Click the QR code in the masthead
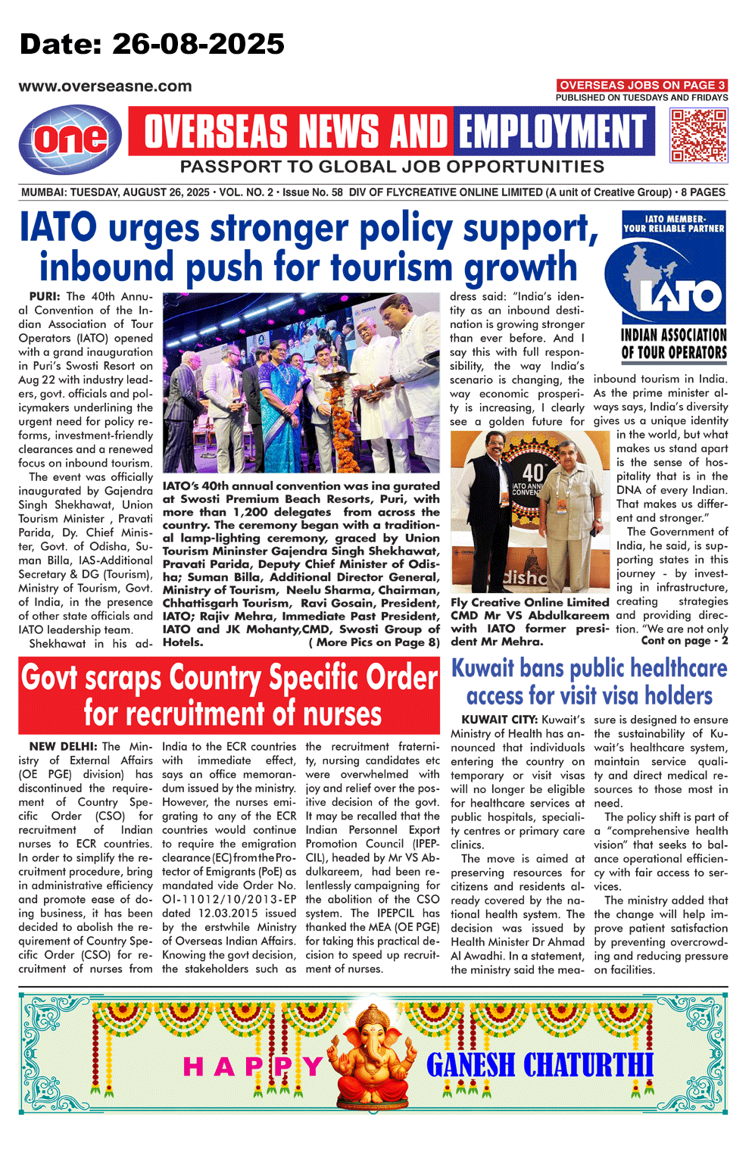[699, 135]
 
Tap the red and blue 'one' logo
[70, 139]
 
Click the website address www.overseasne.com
[105, 86]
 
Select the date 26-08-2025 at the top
[198, 44]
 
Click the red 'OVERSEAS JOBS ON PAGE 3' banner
[642, 85]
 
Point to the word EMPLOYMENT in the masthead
[553, 131]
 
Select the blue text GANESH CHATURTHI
[539, 1064]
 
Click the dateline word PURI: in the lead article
[45, 296]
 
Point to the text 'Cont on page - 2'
[684, 641]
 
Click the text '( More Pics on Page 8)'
[373, 642]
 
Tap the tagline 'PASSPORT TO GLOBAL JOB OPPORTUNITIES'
[392, 167]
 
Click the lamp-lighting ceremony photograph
[301, 383]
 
